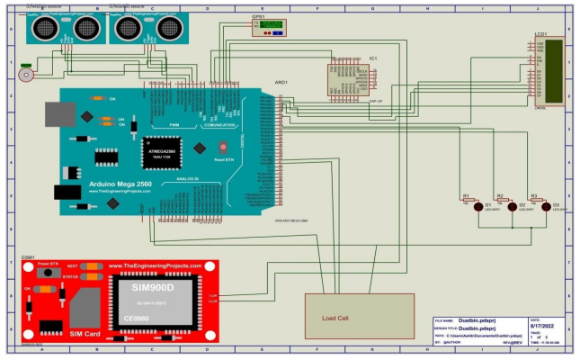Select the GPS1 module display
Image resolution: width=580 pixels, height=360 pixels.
(270, 26)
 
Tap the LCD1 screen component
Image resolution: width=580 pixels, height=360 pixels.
(550, 71)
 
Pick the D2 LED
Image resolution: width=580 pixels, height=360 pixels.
(513, 205)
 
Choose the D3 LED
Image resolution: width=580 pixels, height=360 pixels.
(547, 205)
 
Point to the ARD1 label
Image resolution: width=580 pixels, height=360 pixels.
(280, 83)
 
